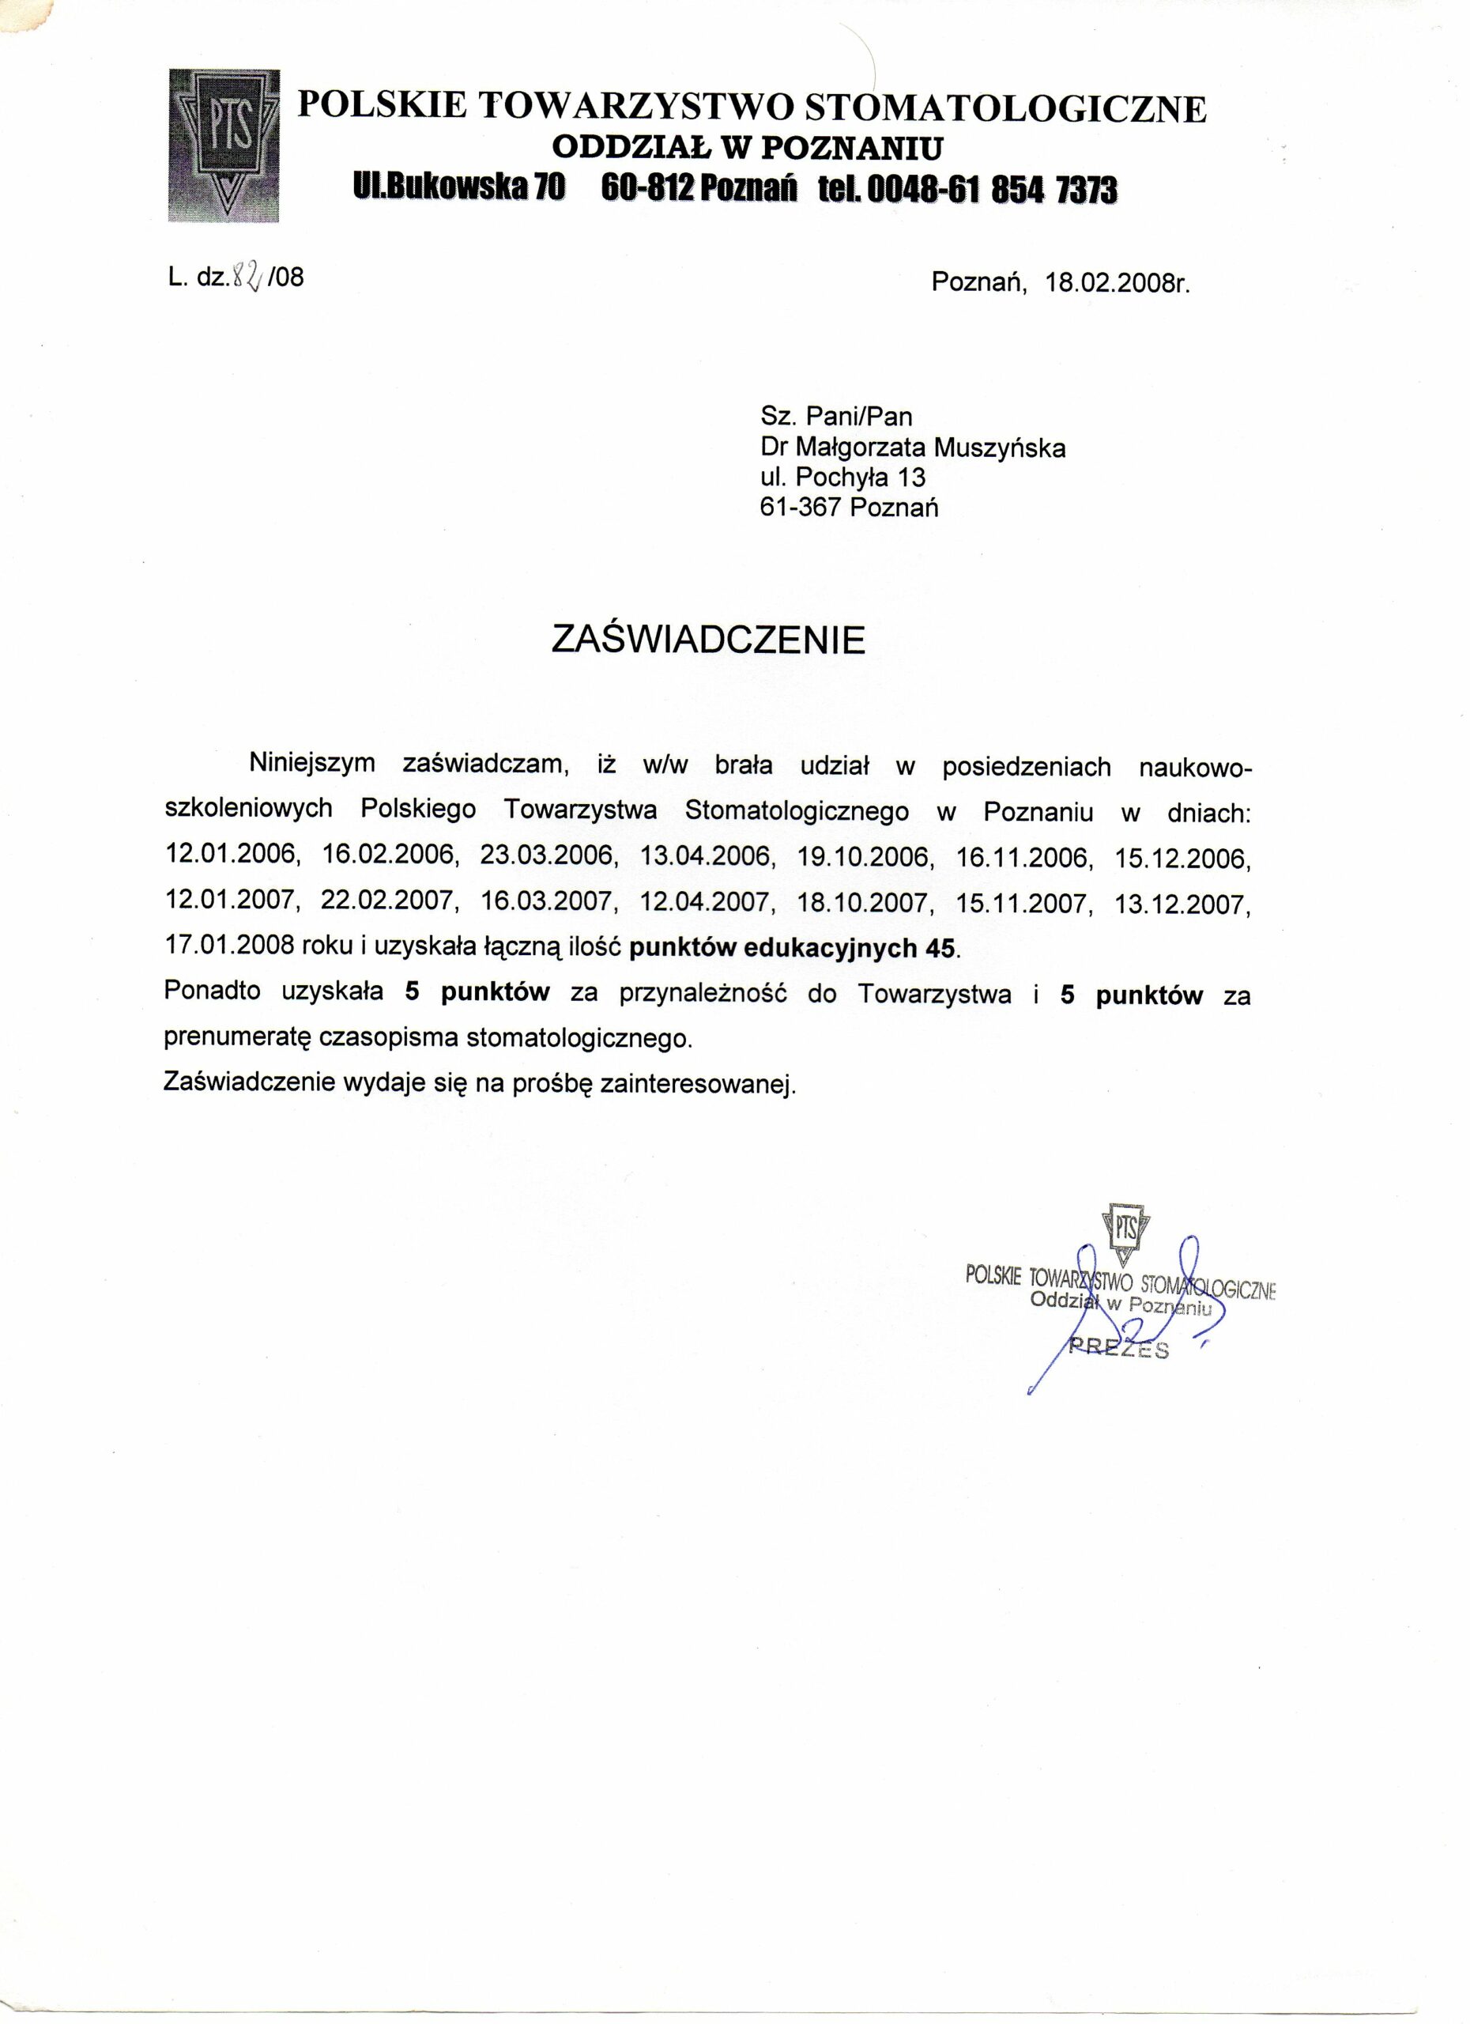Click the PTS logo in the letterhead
(223, 145)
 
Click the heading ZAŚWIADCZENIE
(708, 640)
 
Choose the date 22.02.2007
(389, 903)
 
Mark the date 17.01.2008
(230, 948)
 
